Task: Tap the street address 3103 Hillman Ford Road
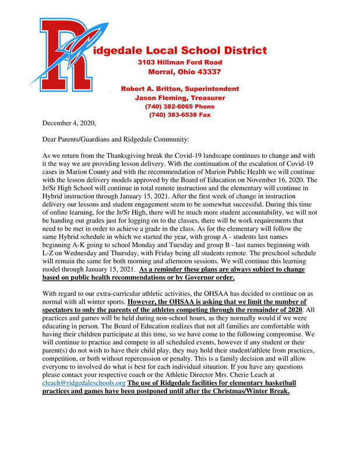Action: click(x=179, y=62)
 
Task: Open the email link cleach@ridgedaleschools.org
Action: click(x=84, y=383)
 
